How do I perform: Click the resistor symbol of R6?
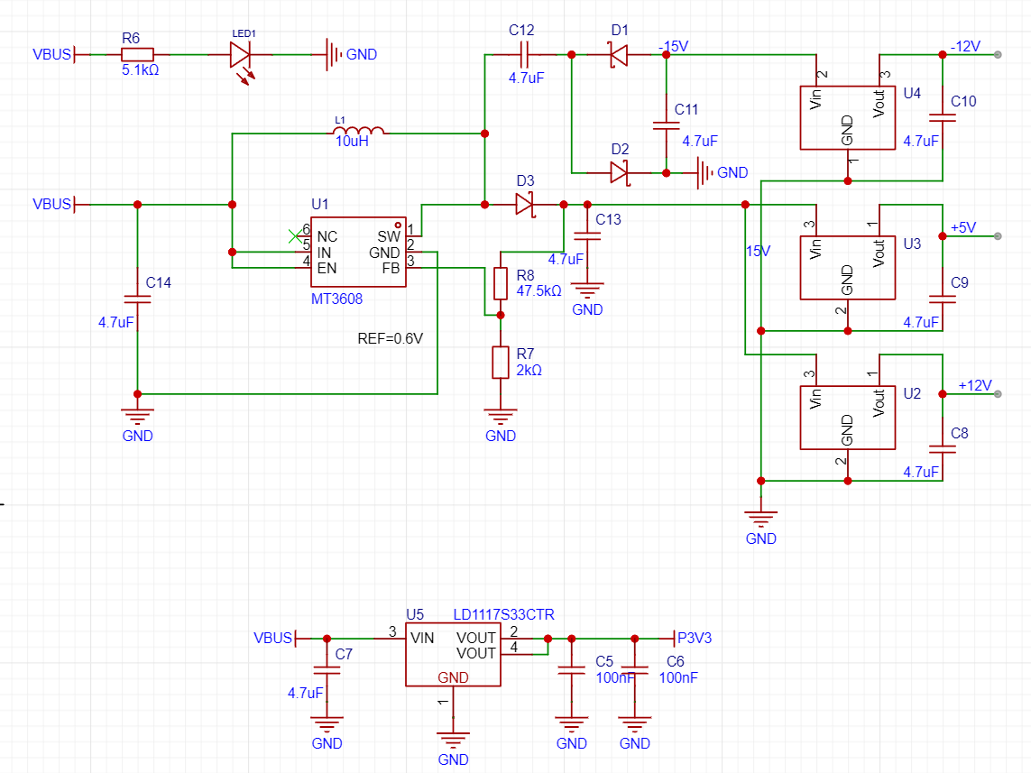(x=137, y=54)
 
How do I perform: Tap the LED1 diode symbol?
(x=240, y=54)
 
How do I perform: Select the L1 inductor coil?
(x=358, y=130)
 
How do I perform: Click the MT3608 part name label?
(x=336, y=299)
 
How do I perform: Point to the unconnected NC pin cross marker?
(x=295, y=236)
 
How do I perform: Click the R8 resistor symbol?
(x=501, y=283)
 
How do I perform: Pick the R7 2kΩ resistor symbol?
(x=501, y=363)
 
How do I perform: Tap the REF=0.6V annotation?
(x=390, y=338)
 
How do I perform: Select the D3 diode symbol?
(x=524, y=205)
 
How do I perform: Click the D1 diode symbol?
(x=619, y=54)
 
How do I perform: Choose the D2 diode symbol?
(x=620, y=173)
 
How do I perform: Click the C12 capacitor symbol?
(x=524, y=54)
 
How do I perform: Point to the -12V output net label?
(x=965, y=47)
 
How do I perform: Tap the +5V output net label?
(x=963, y=228)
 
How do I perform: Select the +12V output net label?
(x=975, y=386)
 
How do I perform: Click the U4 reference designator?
(x=912, y=93)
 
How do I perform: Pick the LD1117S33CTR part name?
(x=503, y=614)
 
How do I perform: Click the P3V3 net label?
(x=695, y=639)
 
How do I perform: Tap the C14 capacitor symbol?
(x=137, y=299)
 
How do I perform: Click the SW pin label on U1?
(x=389, y=236)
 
